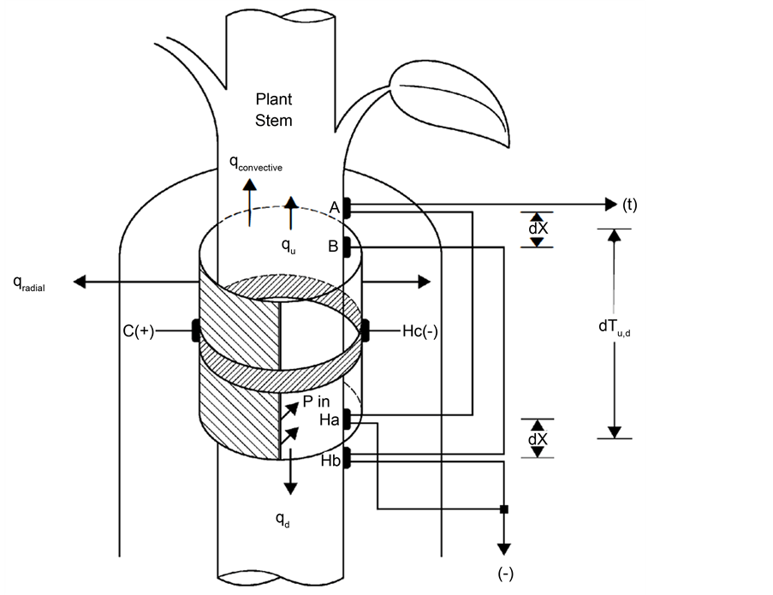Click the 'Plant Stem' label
click(x=273, y=110)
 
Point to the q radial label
click(x=29, y=284)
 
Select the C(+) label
click(x=138, y=331)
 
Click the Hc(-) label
click(x=419, y=331)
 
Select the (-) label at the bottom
click(x=505, y=572)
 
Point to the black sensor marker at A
click(x=347, y=206)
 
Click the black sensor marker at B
click(x=347, y=247)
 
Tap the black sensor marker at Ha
click(x=347, y=419)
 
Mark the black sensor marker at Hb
click(x=347, y=455)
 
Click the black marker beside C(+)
click(x=196, y=330)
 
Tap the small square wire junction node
click(x=504, y=510)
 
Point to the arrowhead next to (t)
click(x=610, y=204)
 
